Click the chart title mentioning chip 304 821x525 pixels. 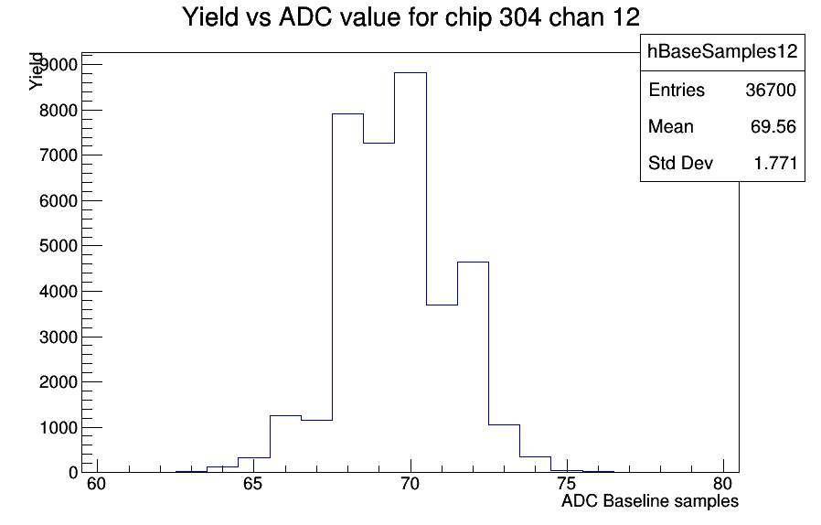[411, 17]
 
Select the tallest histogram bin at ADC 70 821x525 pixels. [410, 273]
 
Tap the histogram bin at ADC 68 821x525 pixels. [347, 293]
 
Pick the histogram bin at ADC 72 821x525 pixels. [473, 367]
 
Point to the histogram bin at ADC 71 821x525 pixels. [442, 388]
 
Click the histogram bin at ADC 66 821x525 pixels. [285, 444]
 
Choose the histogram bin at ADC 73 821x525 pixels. [505, 448]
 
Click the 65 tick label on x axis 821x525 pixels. [253, 484]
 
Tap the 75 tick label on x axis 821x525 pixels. [567, 484]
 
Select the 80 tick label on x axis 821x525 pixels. [723, 484]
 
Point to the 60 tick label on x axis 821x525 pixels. [96, 484]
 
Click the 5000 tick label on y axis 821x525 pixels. [59, 246]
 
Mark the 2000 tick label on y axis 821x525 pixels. [59, 382]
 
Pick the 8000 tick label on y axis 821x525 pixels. [59, 110]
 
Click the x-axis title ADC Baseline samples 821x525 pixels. [650, 501]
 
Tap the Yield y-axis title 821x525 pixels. [36, 71]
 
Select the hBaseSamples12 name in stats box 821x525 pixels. [722, 51]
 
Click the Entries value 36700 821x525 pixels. [771, 91]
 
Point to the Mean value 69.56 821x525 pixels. [773, 127]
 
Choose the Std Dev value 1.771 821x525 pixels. [775, 164]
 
